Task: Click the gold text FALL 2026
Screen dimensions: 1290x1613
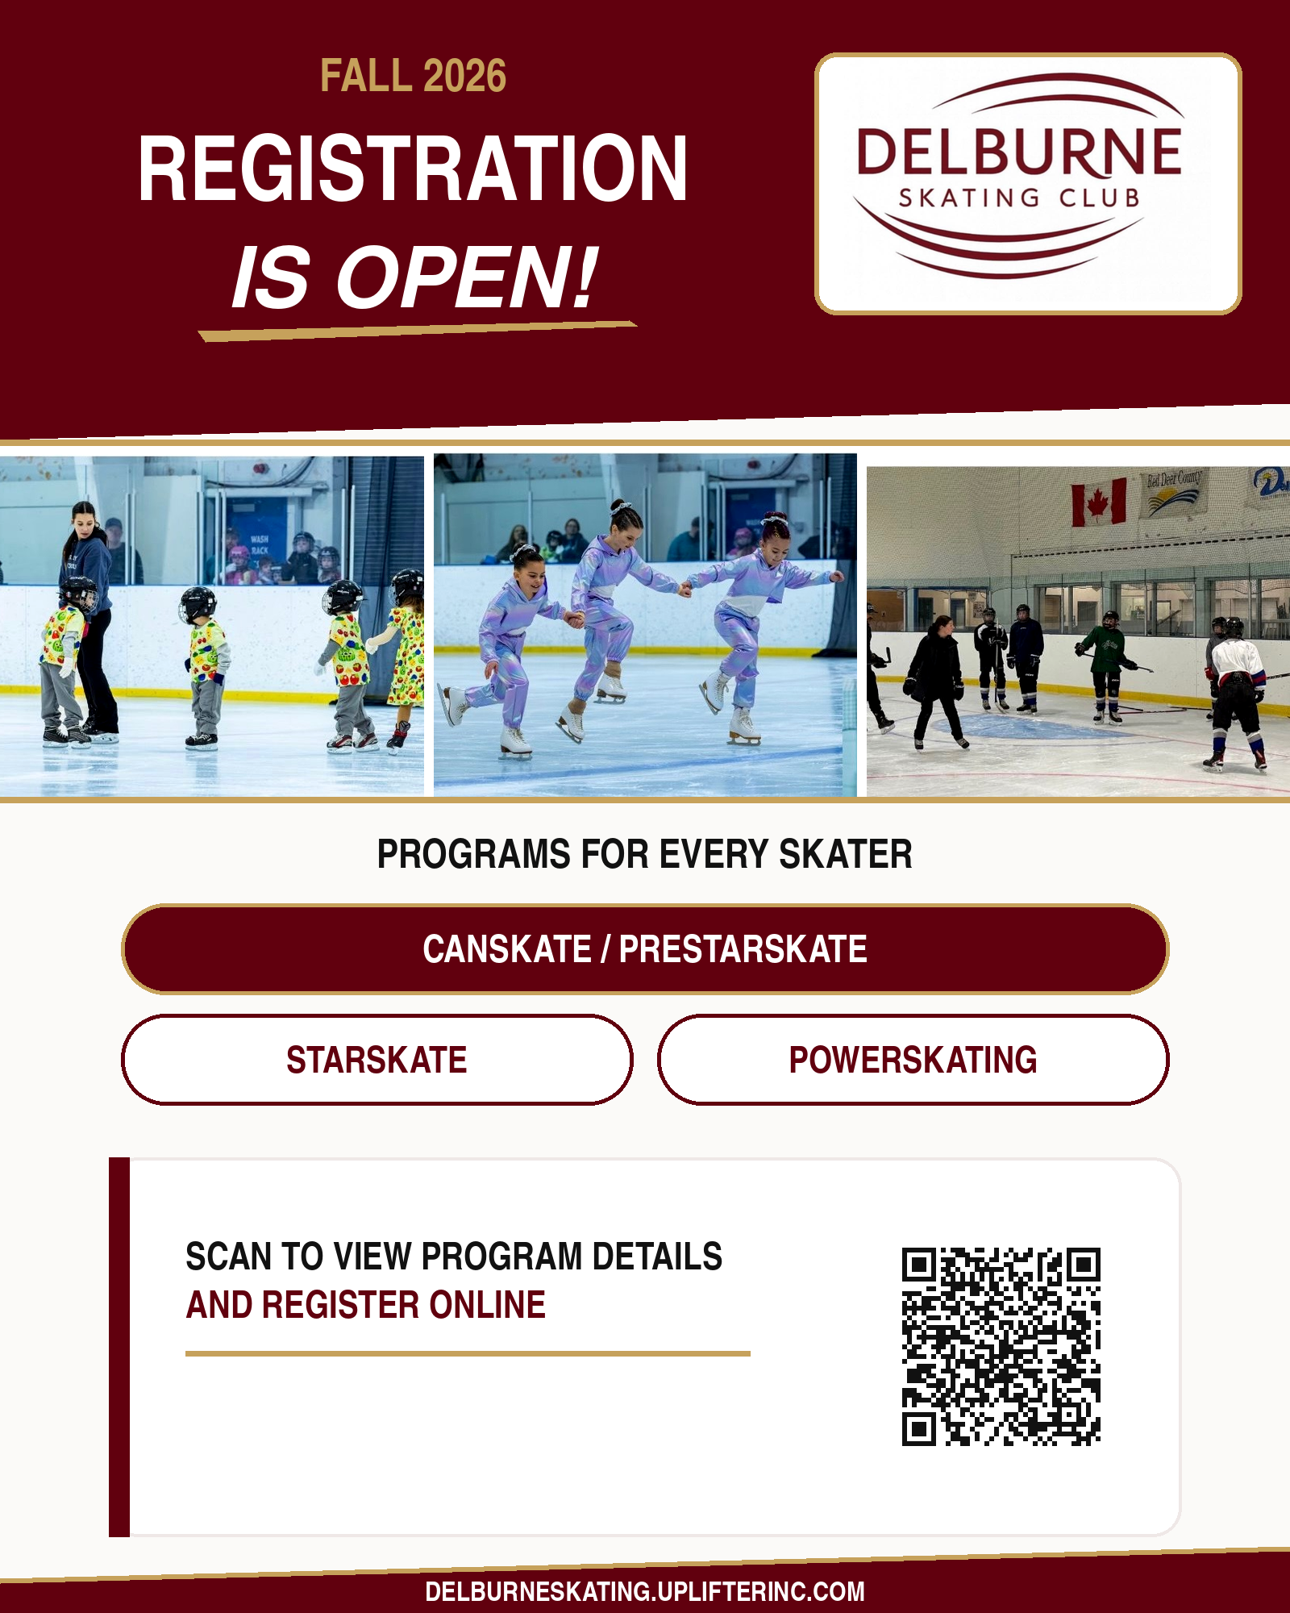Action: (x=414, y=77)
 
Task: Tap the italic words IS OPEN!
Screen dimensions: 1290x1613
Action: (x=414, y=277)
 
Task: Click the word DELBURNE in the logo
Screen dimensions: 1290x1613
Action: (x=1019, y=152)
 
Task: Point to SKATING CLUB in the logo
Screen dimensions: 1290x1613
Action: (x=1019, y=198)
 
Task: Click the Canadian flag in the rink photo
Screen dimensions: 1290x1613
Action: (x=1098, y=502)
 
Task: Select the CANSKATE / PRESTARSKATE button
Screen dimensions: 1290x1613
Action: (x=645, y=949)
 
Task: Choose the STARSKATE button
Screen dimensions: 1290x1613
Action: (x=377, y=1060)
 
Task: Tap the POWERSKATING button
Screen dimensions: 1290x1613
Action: (x=913, y=1060)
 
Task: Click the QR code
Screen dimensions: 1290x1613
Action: (x=1001, y=1347)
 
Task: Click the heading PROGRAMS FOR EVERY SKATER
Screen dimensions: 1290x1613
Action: (x=645, y=854)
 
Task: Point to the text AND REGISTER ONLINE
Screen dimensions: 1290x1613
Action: (x=366, y=1305)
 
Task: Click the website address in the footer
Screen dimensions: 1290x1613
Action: (x=645, y=1591)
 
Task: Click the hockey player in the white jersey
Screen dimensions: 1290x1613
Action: (x=1235, y=694)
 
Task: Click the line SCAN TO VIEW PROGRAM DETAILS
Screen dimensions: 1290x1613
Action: (x=454, y=1257)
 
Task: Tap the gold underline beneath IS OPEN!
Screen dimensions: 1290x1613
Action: (x=418, y=331)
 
